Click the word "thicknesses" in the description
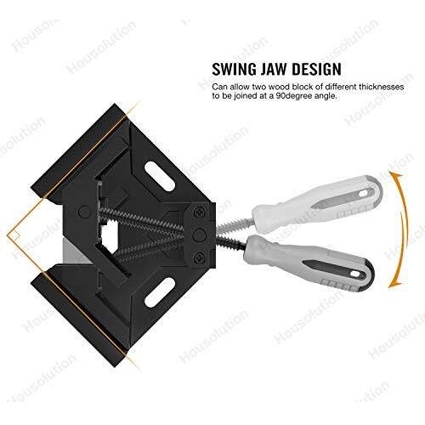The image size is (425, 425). coord(382,87)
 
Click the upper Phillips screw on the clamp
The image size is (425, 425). coord(200,212)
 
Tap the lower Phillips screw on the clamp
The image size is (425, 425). coord(199,258)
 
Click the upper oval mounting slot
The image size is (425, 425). coord(159,176)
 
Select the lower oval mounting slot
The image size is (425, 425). coord(159,292)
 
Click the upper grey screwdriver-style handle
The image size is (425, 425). coord(317,203)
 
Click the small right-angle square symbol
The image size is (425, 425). coord(15,235)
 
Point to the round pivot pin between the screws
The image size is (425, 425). coord(199,235)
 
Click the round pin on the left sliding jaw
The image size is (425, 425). coord(84,212)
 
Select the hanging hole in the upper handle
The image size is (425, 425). coord(364,193)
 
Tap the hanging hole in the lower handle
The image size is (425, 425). coord(357,274)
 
